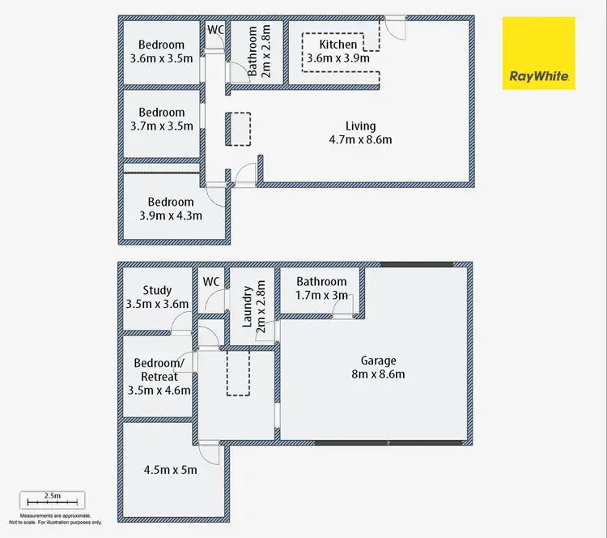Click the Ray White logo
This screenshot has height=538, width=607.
[539, 53]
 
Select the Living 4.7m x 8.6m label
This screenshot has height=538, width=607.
[360, 133]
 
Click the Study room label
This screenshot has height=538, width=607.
[157, 297]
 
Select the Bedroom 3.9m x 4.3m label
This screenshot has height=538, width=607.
[171, 208]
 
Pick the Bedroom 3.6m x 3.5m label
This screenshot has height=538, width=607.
[161, 52]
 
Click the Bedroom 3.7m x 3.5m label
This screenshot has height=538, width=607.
[161, 120]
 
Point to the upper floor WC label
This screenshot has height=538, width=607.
[215, 30]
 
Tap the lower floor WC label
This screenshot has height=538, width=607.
[211, 282]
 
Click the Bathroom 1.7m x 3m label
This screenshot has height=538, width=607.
[320, 288]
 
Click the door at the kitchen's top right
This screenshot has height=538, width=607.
[396, 26]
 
